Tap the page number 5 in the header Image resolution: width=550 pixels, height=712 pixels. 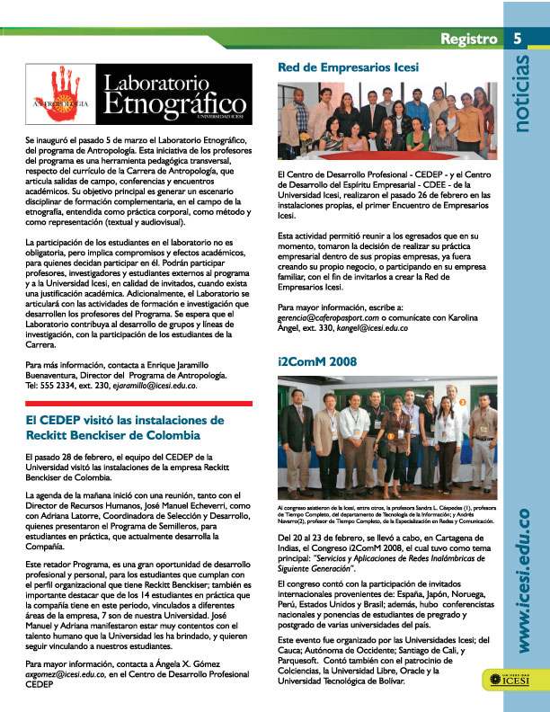pos(519,39)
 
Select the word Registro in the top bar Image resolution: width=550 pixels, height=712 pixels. pos(468,39)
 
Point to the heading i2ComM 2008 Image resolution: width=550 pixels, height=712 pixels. pos(318,361)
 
